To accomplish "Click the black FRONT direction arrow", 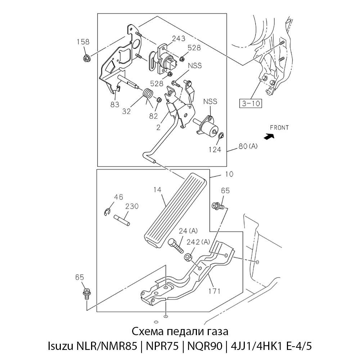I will [x=268, y=136].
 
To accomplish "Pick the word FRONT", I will [x=279, y=127].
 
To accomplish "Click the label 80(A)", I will [x=248, y=147].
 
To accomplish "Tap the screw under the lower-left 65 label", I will [x=86, y=293].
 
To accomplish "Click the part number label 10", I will [x=229, y=174].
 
